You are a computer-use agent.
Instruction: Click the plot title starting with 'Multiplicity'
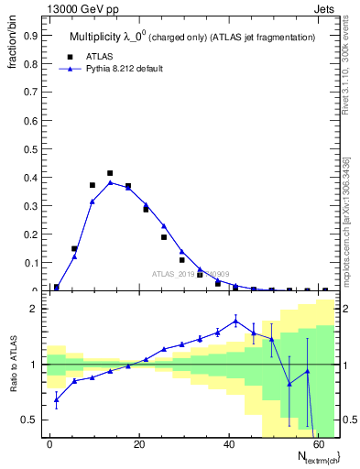[192, 38]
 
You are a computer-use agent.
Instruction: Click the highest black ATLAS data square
[110, 173]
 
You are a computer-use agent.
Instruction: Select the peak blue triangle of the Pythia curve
[110, 182]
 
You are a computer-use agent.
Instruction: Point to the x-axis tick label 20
[138, 443]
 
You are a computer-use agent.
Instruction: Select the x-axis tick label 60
[318, 443]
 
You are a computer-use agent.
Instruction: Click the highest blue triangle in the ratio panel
[235, 320]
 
